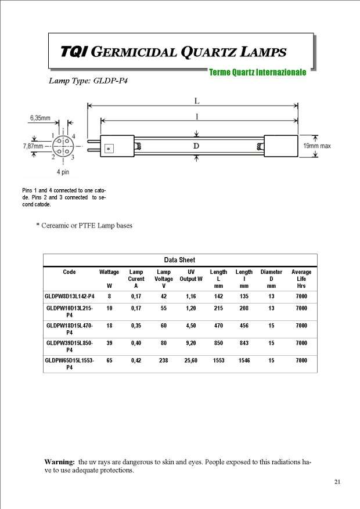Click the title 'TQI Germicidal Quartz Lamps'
click(174, 52)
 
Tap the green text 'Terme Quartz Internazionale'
click(257, 73)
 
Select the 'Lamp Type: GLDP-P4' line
click(88, 81)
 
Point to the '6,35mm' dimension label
click(40, 118)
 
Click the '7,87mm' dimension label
click(33, 146)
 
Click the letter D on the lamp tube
click(196, 146)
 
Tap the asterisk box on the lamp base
click(109, 149)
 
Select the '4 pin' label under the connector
click(63, 172)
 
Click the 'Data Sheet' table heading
click(180, 260)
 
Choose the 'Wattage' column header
click(109, 272)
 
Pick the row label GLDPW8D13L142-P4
click(69, 297)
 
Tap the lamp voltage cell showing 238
click(164, 360)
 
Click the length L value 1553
click(218, 360)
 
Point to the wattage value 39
click(109, 343)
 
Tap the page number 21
click(337, 482)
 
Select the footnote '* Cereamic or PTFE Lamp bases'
click(84, 225)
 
